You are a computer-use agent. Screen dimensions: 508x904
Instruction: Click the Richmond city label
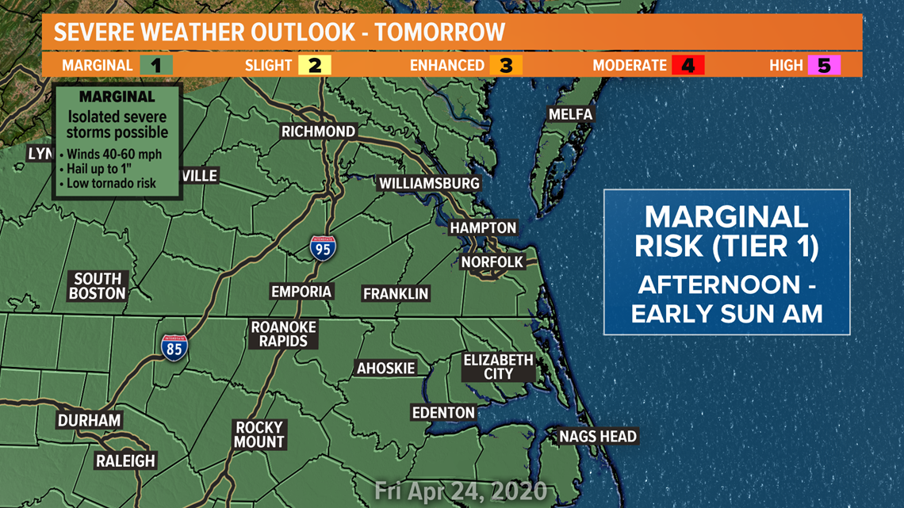pos(318,131)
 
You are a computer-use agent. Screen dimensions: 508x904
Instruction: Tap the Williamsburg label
pos(429,183)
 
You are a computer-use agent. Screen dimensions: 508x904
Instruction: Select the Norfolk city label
pos(492,262)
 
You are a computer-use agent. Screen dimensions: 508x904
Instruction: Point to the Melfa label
pos(570,114)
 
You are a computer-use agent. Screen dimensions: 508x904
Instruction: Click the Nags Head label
pos(598,436)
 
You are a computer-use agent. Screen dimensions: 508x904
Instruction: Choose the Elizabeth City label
pos(499,366)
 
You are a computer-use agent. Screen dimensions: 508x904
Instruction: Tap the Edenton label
pos(443,412)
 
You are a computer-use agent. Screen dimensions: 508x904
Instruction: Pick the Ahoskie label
pos(386,368)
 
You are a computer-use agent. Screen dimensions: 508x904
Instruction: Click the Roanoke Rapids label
pos(284,334)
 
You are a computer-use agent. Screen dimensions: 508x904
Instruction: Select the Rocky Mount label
pos(259,434)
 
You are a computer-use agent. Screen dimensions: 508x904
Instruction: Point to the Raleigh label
pos(126,460)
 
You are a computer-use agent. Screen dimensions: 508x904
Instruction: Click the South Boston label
pos(98,285)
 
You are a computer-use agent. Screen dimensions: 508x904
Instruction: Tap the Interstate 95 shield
pos(323,247)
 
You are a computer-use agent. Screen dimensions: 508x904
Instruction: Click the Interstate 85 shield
pos(174,347)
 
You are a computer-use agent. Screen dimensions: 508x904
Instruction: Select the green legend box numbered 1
pos(156,65)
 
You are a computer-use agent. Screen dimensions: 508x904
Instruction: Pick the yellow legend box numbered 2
pos(315,65)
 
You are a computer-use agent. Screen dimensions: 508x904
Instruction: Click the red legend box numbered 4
pos(688,65)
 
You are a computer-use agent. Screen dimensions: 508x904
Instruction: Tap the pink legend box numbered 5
pos(824,65)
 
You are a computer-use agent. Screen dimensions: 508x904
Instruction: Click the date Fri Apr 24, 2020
pos(461,491)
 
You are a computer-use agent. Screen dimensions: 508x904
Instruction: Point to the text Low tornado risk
pos(111,183)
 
